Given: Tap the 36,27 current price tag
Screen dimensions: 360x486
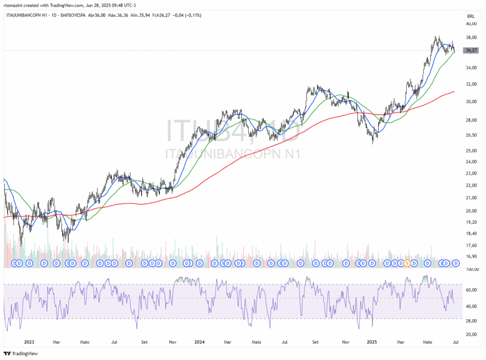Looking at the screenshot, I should pos(471,50).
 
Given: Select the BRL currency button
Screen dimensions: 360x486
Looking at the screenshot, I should pos(471,16).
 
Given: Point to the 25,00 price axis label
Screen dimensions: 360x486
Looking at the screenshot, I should pos(471,151).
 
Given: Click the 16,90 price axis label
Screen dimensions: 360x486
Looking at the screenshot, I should pos(471,256).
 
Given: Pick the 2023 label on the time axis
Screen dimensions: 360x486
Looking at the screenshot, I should pos(29,341).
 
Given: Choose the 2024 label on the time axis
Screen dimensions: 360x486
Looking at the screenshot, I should pos(199,341).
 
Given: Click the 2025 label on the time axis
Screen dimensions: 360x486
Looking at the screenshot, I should pos(372,341).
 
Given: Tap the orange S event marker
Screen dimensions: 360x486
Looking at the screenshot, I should pos(407,263).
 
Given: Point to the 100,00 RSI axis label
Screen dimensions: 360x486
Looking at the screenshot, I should pos(471,269).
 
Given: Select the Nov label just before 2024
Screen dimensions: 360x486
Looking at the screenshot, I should pos(173,341).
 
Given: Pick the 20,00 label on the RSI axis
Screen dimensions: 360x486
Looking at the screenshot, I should pos(471,334).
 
